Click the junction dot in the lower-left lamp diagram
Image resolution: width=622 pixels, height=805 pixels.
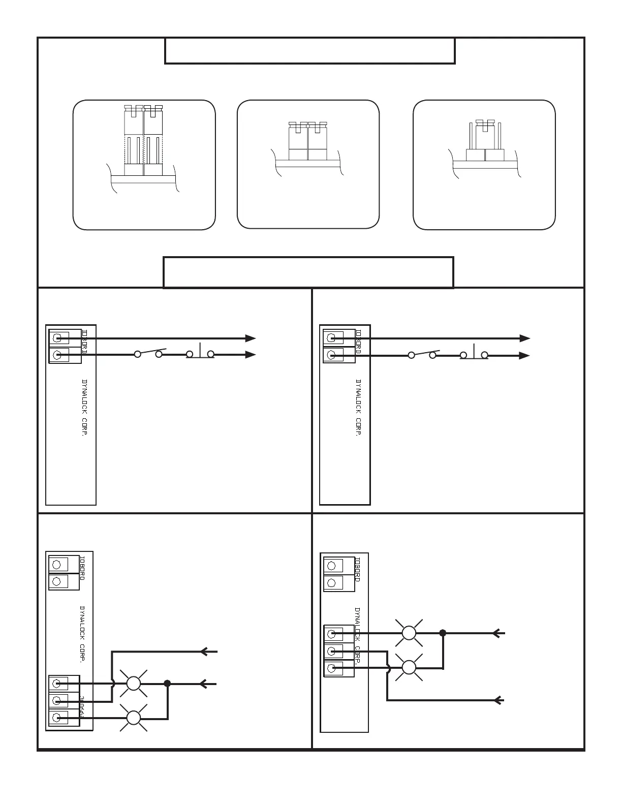point(167,684)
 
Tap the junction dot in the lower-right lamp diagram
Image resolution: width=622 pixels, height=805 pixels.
point(443,633)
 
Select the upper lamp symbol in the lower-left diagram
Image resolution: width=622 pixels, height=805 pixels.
point(134,684)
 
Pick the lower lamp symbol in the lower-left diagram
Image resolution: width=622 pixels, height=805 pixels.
point(134,718)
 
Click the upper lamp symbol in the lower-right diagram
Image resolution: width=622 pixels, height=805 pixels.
point(409,633)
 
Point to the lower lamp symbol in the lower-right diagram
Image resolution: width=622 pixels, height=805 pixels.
point(409,667)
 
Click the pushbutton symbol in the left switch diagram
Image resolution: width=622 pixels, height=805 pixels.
point(200,353)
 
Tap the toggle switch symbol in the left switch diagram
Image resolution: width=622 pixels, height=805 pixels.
point(148,353)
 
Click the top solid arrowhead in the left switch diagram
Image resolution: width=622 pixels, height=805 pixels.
point(250,338)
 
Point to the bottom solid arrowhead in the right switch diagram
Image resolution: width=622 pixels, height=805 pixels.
point(524,356)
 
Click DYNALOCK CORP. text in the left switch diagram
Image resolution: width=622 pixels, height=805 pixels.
point(85,407)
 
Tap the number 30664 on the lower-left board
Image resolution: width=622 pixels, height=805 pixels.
point(82,707)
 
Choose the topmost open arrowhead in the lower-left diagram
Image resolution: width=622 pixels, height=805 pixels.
point(204,652)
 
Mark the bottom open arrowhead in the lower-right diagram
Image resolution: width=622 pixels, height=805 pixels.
point(499,700)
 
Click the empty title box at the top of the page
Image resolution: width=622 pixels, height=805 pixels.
point(309,51)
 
